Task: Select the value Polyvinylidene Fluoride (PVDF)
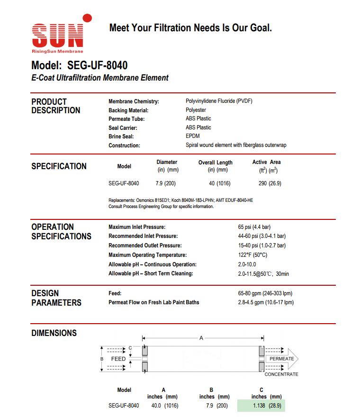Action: pyautogui.click(x=219, y=101)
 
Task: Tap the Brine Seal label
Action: pyautogui.click(x=121, y=136)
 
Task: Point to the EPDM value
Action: pyautogui.click(x=193, y=136)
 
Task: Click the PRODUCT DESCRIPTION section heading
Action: pyautogui.click(x=56, y=106)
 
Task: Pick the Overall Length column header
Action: pyautogui.click(x=216, y=163)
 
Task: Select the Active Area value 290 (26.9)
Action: pyautogui.click(x=270, y=183)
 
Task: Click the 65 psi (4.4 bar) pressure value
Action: pyautogui.click(x=254, y=227)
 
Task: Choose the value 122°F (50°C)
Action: pyautogui.click(x=252, y=255)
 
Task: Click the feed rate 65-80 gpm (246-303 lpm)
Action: pyautogui.click(x=265, y=293)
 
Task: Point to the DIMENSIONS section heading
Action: pyautogui.click(x=54, y=333)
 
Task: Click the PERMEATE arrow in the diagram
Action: pyautogui.click(x=281, y=359)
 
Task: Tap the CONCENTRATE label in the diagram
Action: pyautogui.click(x=281, y=374)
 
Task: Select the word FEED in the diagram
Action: pyautogui.click(x=118, y=359)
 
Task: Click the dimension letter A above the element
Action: pyautogui.click(x=201, y=338)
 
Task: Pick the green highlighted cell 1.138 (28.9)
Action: pyautogui.click(x=261, y=406)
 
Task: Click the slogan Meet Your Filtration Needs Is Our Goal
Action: pyautogui.click(x=190, y=28)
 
